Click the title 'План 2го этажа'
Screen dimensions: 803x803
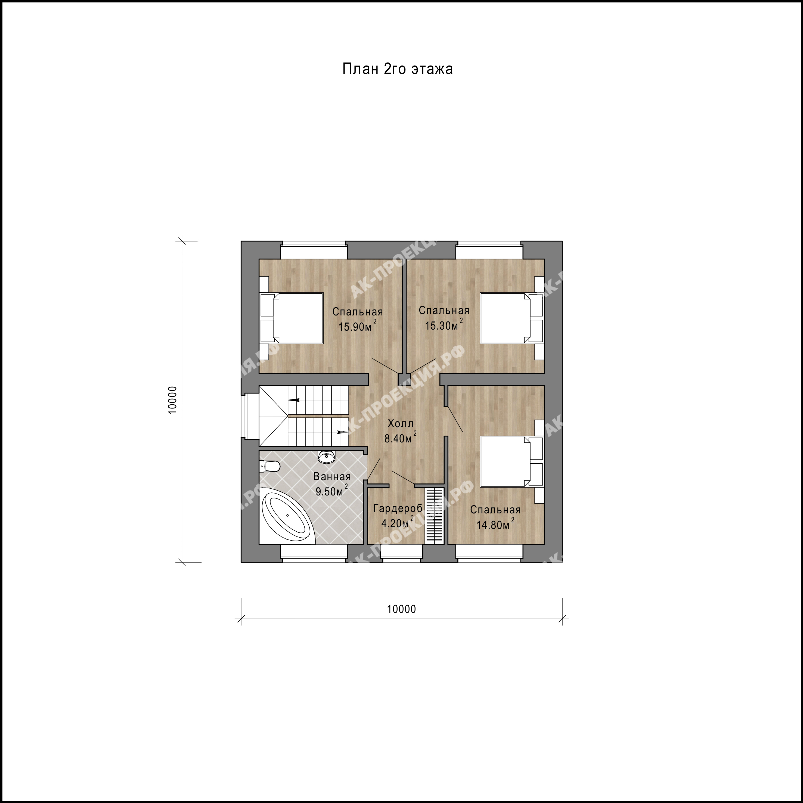[x=397, y=69]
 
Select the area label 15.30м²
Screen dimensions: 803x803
[x=444, y=325]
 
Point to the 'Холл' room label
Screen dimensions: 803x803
[x=401, y=424]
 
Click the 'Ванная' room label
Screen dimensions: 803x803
[x=332, y=477]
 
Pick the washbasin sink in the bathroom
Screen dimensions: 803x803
[x=327, y=457]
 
